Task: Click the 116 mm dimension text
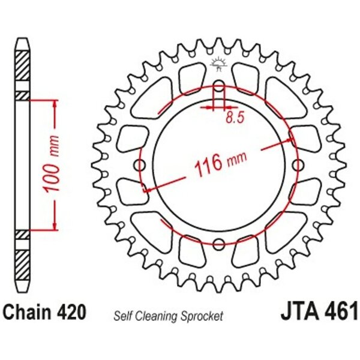(220, 163)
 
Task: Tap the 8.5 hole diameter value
(234, 118)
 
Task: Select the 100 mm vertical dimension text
(51, 164)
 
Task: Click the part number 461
(340, 311)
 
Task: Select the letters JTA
(300, 311)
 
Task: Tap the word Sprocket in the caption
(202, 316)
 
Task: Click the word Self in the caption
(124, 316)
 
